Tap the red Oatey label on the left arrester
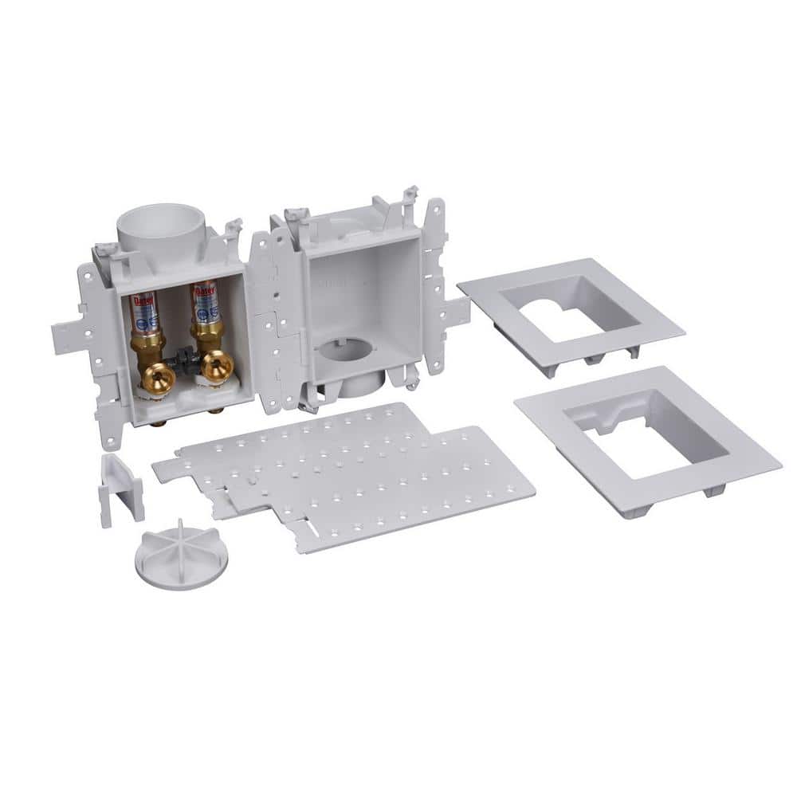pyautogui.click(x=142, y=302)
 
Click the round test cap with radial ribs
pyautogui.click(x=180, y=551)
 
